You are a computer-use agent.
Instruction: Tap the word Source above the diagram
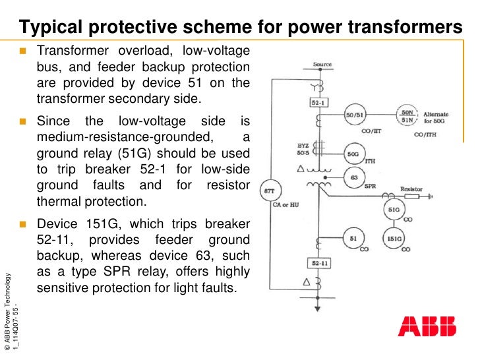322,65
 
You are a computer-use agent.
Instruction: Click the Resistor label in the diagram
411,189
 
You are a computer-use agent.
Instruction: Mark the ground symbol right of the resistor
431,196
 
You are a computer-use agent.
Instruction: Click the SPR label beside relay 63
371,187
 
